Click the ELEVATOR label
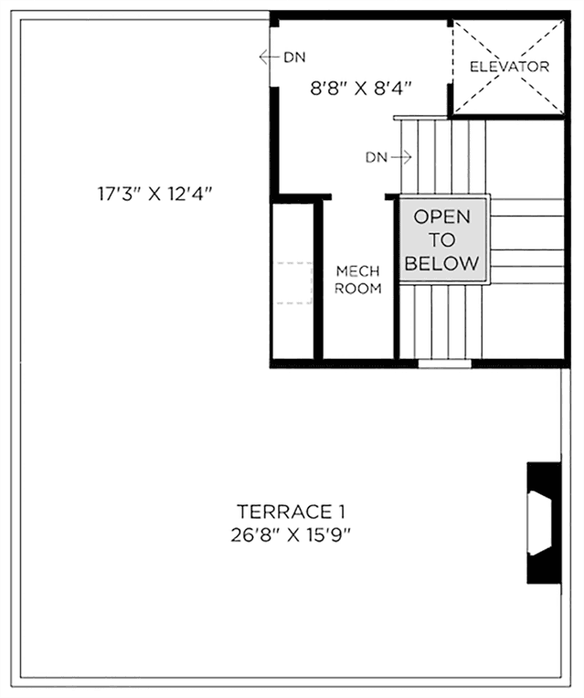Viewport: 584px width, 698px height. [x=509, y=67]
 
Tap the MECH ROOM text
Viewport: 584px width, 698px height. [x=358, y=280]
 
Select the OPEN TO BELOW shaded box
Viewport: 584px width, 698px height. [x=442, y=239]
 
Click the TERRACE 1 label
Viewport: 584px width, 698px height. [x=291, y=512]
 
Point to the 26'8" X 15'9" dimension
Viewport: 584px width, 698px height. [x=291, y=535]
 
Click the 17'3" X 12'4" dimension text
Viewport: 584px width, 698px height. [x=155, y=194]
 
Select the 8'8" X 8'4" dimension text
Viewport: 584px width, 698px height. [x=360, y=88]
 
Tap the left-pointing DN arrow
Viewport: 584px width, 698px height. [x=269, y=57]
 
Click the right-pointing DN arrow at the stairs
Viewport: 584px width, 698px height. [x=401, y=157]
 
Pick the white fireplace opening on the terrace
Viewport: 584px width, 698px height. [x=539, y=523]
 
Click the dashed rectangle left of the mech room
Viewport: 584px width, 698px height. [x=294, y=283]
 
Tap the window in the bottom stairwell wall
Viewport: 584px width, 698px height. [x=444, y=364]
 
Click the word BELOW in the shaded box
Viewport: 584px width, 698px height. [x=442, y=263]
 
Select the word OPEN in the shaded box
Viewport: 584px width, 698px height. [x=442, y=217]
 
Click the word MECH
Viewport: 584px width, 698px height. [x=358, y=271]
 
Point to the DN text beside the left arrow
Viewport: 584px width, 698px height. [x=295, y=58]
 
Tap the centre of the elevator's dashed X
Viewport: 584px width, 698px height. [x=509, y=68]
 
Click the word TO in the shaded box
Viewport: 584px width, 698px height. [x=442, y=240]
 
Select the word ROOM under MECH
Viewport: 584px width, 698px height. [x=358, y=289]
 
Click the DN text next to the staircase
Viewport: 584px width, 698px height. [x=377, y=157]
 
